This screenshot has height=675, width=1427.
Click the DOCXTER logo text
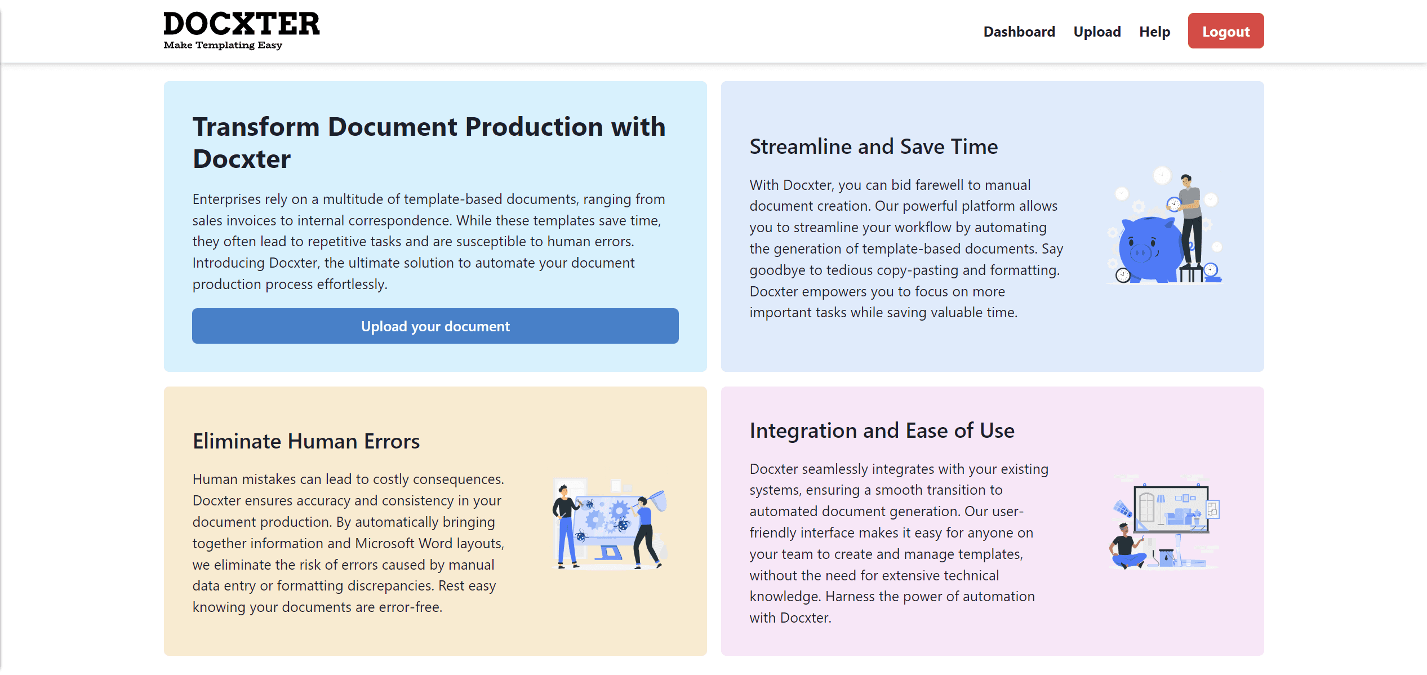(x=241, y=24)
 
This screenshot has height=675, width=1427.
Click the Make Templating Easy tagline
(x=223, y=45)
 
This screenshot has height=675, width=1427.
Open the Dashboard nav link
(x=1019, y=32)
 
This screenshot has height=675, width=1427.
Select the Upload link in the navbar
(x=1097, y=32)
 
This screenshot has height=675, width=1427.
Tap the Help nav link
(x=1154, y=32)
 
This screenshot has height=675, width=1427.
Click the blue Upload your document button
(x=435, y=326)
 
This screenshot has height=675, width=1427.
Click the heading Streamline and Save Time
(x=873, y=146)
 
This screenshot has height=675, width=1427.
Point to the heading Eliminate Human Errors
(x=306, y=441)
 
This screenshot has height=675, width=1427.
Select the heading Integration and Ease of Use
(x=882, y=430)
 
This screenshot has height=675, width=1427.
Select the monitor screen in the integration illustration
(x=1171, y=509)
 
